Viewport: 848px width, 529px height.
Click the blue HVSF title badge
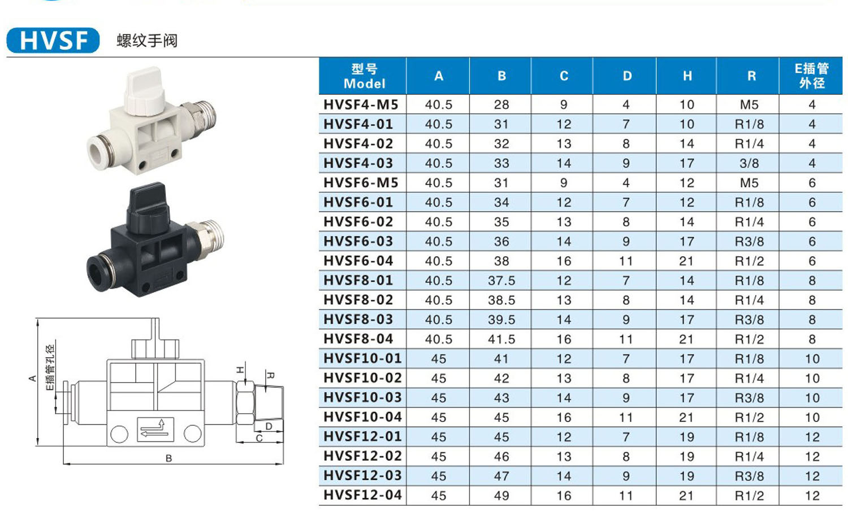pos(53,40)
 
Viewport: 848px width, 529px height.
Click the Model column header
pos(364,76)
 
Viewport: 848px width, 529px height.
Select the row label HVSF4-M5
pos(361,104)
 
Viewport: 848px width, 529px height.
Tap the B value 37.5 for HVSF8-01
pos(501,281)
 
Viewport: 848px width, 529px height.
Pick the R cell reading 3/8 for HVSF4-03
pos(749,163)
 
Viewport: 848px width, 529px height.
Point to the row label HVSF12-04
pos(363,495)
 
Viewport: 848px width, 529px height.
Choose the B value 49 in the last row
pos(501,495)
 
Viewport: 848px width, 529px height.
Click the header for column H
pos(687,76)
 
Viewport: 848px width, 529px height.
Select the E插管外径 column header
pos(811,76)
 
